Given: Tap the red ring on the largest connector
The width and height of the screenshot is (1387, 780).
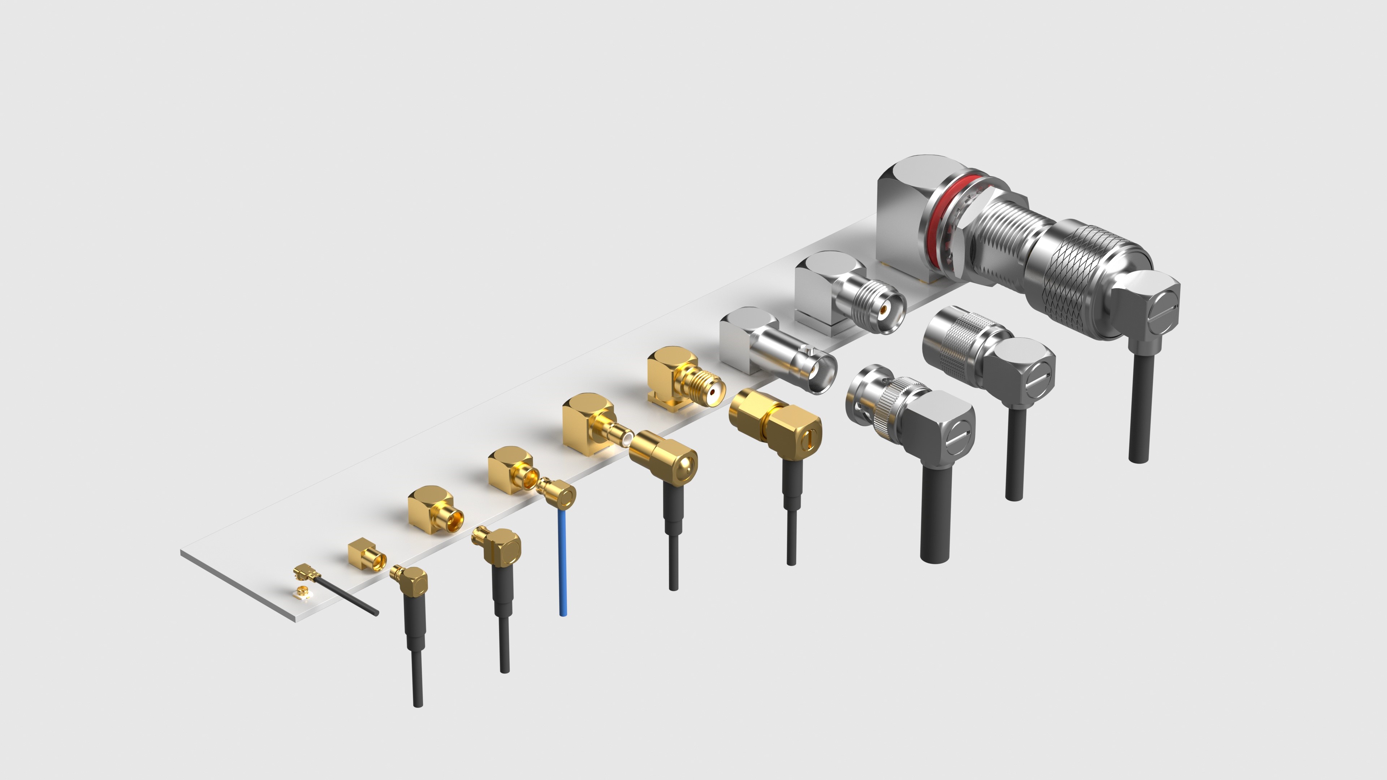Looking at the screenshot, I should tap(939, 215).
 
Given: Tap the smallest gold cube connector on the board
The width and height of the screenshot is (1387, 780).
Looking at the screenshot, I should tap(366, 557).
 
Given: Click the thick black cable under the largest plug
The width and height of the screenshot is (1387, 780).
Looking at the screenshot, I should tap(1140, 409).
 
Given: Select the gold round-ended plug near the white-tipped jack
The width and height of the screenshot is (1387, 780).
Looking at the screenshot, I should tap(665, 455).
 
